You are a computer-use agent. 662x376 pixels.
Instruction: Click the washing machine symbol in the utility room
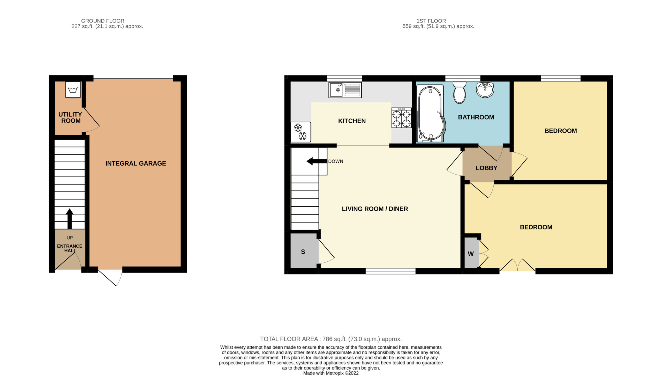73,90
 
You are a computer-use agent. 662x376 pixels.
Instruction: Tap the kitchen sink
345,90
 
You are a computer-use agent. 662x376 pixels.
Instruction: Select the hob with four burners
401,118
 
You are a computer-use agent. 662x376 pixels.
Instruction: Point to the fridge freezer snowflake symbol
300,132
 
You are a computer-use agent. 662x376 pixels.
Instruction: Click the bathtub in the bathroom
430,114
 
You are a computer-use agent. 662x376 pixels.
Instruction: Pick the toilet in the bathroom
460,93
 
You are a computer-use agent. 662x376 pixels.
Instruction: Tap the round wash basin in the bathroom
485,90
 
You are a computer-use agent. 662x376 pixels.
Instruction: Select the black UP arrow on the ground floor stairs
70,219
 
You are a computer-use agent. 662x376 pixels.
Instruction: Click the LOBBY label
486,168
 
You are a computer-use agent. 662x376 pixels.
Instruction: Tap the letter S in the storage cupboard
303,252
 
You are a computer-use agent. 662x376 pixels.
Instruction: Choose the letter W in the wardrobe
471,254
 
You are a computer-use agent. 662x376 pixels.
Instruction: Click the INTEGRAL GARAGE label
136,164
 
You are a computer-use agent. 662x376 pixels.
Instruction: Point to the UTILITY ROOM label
70,117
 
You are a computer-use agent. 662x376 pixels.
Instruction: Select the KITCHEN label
352,121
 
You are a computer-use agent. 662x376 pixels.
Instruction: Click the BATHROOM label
476,117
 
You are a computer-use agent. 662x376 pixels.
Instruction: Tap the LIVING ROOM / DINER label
375,209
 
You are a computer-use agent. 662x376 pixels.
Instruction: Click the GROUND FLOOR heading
103,21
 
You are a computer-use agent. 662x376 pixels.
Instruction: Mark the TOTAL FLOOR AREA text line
331,339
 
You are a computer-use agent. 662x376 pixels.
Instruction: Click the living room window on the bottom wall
390,271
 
